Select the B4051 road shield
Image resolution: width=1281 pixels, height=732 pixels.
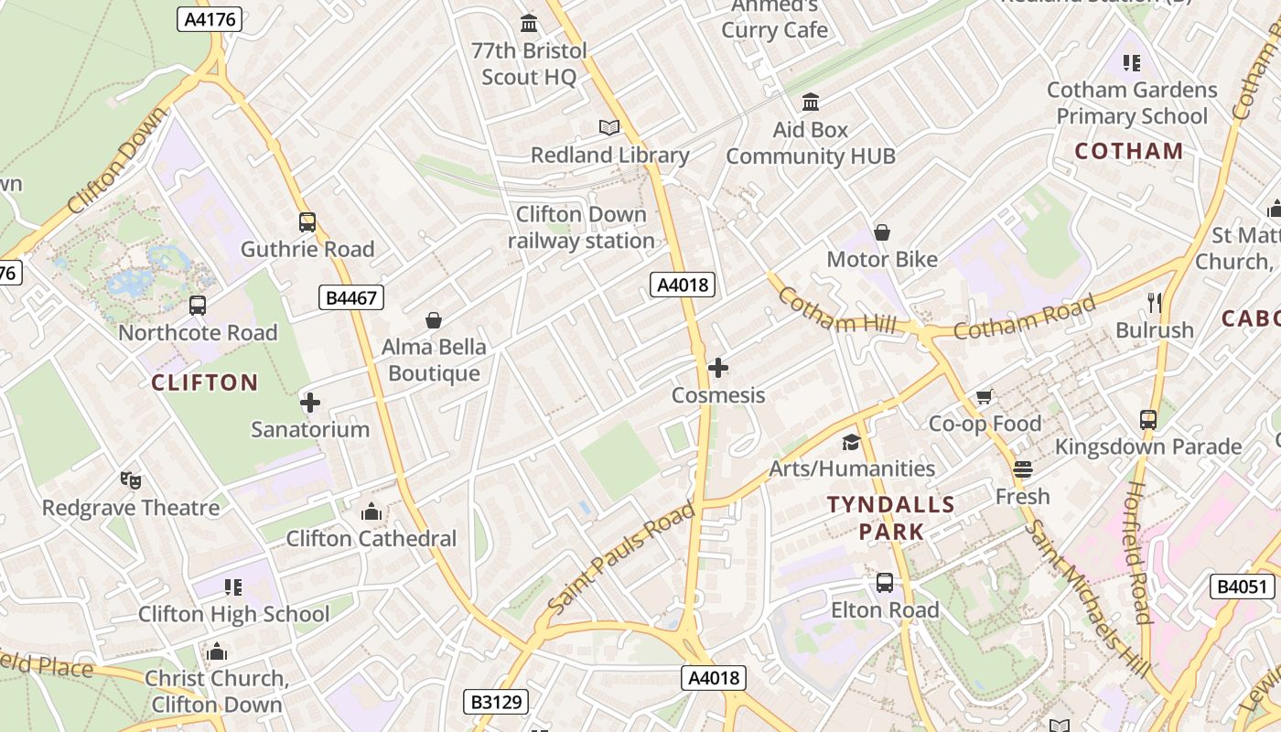point(1242,587)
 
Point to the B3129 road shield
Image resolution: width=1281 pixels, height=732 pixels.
point(496,702)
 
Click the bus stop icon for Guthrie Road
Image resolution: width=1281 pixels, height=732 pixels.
point(307,222)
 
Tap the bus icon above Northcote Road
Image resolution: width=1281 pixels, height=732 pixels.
point(198,306)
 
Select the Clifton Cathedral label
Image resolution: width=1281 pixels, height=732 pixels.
point(371,538)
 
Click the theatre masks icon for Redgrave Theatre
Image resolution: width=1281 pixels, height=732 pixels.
point(131,479)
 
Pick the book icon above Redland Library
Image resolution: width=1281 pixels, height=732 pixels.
point(609,128)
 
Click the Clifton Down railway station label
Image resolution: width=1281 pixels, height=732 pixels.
point(581,228)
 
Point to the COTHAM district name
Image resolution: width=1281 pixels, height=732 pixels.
point(1129,152)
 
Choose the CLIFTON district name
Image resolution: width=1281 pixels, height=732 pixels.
point(205,382)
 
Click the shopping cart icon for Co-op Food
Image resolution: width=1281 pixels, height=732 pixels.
point(985,396)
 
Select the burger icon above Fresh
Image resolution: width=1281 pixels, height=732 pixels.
point(1023,469)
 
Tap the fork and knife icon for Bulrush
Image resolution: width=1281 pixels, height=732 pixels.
point(1155,302)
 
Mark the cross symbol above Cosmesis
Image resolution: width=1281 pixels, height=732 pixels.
point(718,368)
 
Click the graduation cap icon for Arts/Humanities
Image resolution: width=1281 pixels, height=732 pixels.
point(852,442)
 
